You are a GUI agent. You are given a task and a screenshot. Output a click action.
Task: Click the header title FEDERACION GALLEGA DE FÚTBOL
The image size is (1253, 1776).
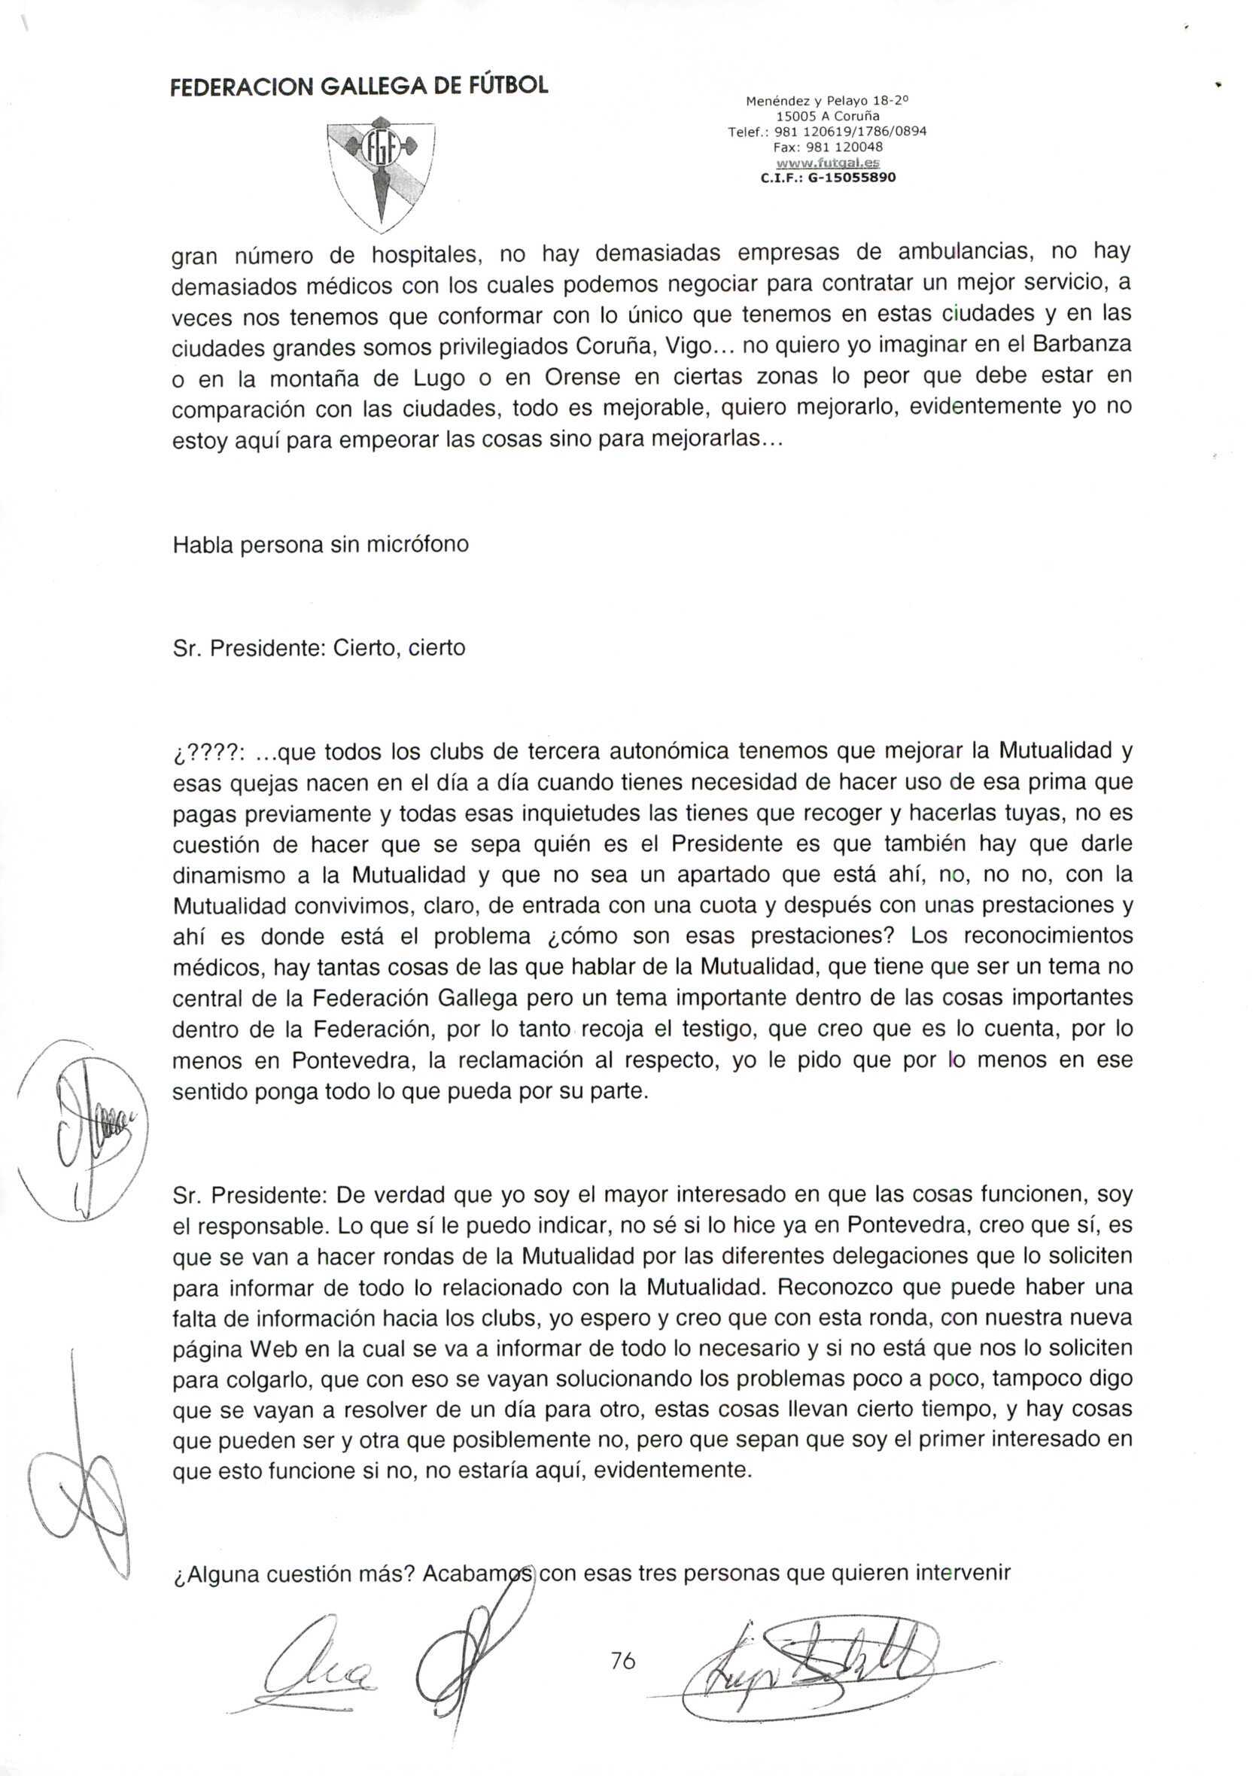(359, 86)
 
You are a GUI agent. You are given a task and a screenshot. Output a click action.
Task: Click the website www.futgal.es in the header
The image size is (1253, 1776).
(827, 163)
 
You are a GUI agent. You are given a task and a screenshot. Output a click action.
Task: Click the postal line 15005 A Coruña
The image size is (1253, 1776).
(827, 116)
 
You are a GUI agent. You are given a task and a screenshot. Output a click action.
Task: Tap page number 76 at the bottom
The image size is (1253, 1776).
(622, 1660)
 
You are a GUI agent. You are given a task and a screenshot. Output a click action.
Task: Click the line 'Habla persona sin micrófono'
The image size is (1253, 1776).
(321, 545)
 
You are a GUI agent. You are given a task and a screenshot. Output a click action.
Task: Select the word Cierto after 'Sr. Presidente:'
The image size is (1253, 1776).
(363, 647)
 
